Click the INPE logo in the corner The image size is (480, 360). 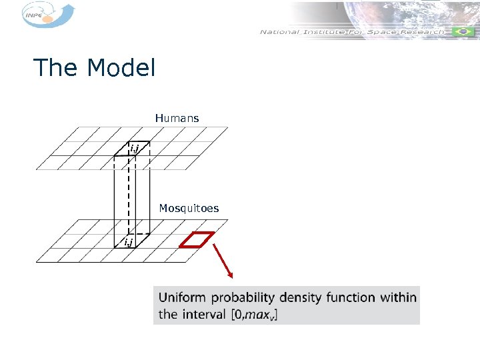tap(43, 15)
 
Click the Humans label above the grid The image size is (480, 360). tap(177, 118)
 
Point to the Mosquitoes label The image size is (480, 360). tap(189, 209)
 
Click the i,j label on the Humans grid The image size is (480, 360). tap(134, 147)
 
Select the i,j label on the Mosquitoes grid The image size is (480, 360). tap(127, 241)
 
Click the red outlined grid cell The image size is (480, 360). tap(199, 239)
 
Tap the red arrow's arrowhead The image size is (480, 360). tap(231, 274)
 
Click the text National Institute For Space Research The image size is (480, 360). tap(351, 32)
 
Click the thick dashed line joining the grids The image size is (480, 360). tap(128, 193)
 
